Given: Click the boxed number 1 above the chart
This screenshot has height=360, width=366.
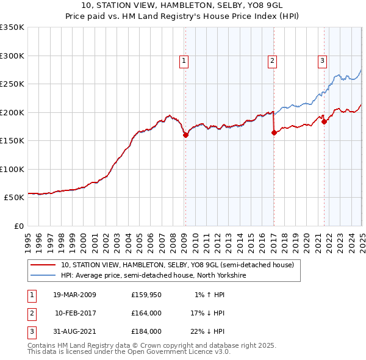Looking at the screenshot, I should (184, 60).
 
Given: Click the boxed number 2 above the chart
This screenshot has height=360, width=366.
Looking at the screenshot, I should (271, 60).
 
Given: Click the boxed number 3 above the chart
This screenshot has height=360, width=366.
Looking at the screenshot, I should (322, 60).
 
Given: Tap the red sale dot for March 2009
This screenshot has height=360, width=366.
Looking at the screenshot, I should (185, 135).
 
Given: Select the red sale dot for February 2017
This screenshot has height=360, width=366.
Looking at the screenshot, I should (273, 133).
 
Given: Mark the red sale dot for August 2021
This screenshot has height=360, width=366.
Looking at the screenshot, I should (324, 121).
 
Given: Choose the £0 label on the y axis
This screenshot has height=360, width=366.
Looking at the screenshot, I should (18, 226).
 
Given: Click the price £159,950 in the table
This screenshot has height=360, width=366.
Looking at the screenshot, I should (146, 295).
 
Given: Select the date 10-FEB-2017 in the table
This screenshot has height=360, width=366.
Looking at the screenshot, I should (75, 313).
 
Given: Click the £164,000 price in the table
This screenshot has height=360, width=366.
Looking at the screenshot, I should (146, 313).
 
